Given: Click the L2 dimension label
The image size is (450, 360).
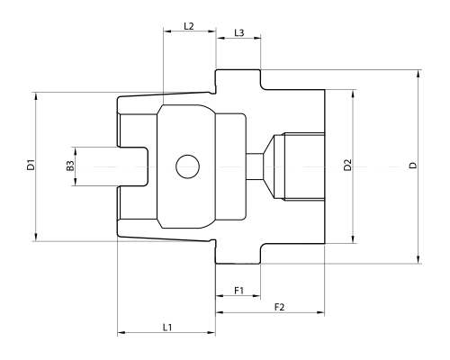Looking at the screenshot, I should click(x=189, y=26).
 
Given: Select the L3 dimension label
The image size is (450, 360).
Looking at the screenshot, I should click(x=238, y=32).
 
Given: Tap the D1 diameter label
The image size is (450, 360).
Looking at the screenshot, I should click(x=30, y=166).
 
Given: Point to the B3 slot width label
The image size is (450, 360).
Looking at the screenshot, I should click(x=70, y=166).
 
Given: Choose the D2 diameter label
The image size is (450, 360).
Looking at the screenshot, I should click(x=347, y=166).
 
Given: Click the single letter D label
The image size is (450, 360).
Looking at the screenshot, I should click(x=412, y=166).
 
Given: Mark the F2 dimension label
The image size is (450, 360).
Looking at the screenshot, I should click(x=279, y=307).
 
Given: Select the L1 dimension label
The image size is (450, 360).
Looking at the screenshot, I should click(x=167, y=327).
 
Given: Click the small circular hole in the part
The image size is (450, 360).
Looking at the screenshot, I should click(x=188, y=166).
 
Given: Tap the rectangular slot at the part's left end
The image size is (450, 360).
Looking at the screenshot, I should click(x=133, y=166).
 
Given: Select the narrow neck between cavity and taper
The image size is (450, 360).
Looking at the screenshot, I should click(x=254, y=166).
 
